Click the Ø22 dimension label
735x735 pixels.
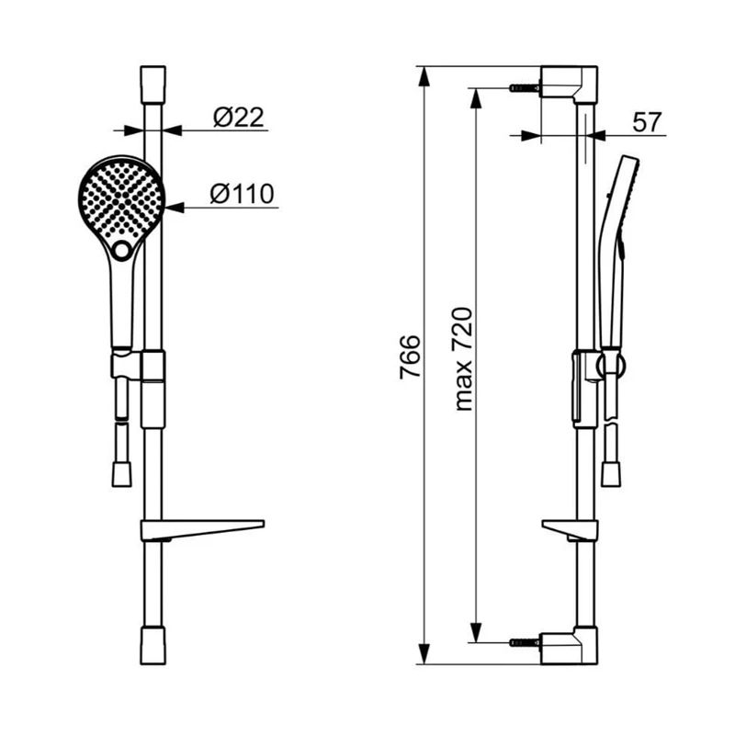(239, 118)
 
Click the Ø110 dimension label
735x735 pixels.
(242, 194)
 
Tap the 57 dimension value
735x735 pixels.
(647, 122)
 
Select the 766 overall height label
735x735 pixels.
(410, 356)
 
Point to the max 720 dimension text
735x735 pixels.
(464, 359)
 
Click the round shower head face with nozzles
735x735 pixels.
(121, 199)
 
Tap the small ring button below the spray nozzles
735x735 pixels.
(122, 250)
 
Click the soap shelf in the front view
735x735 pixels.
(202, 530)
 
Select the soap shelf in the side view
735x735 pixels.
(570, 530)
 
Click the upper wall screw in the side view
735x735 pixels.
(524, 87)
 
